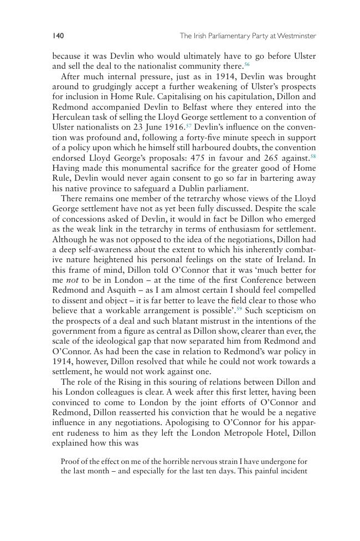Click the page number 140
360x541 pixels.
58,36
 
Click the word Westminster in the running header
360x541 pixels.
297,36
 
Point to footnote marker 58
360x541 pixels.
313,156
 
